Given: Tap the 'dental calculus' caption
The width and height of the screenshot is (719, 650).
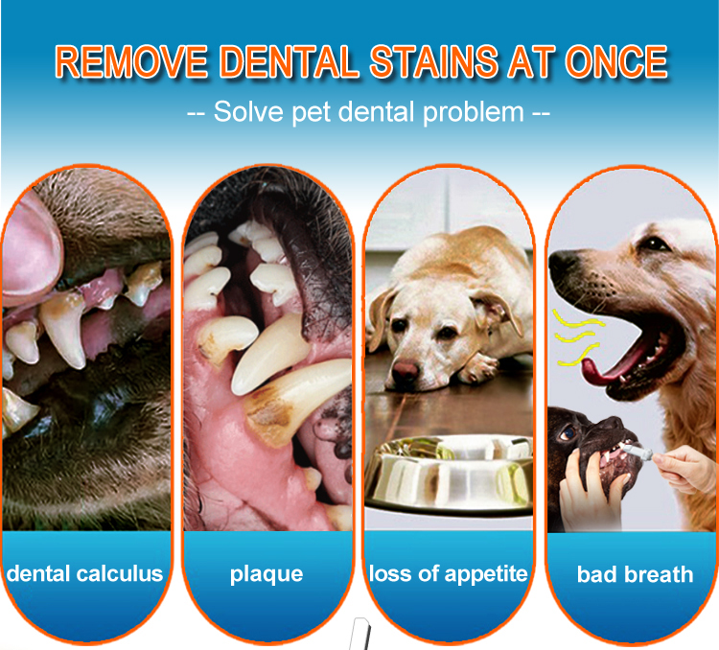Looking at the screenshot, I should tap(84, 574).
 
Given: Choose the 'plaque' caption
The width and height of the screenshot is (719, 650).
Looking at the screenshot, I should tap(267, 574).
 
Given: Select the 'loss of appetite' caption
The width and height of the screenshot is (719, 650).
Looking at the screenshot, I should tap(449, 574).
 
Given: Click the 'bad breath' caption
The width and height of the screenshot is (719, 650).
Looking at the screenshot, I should tap(635, 575).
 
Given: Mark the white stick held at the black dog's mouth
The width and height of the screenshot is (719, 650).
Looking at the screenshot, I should tap(639, 449).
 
